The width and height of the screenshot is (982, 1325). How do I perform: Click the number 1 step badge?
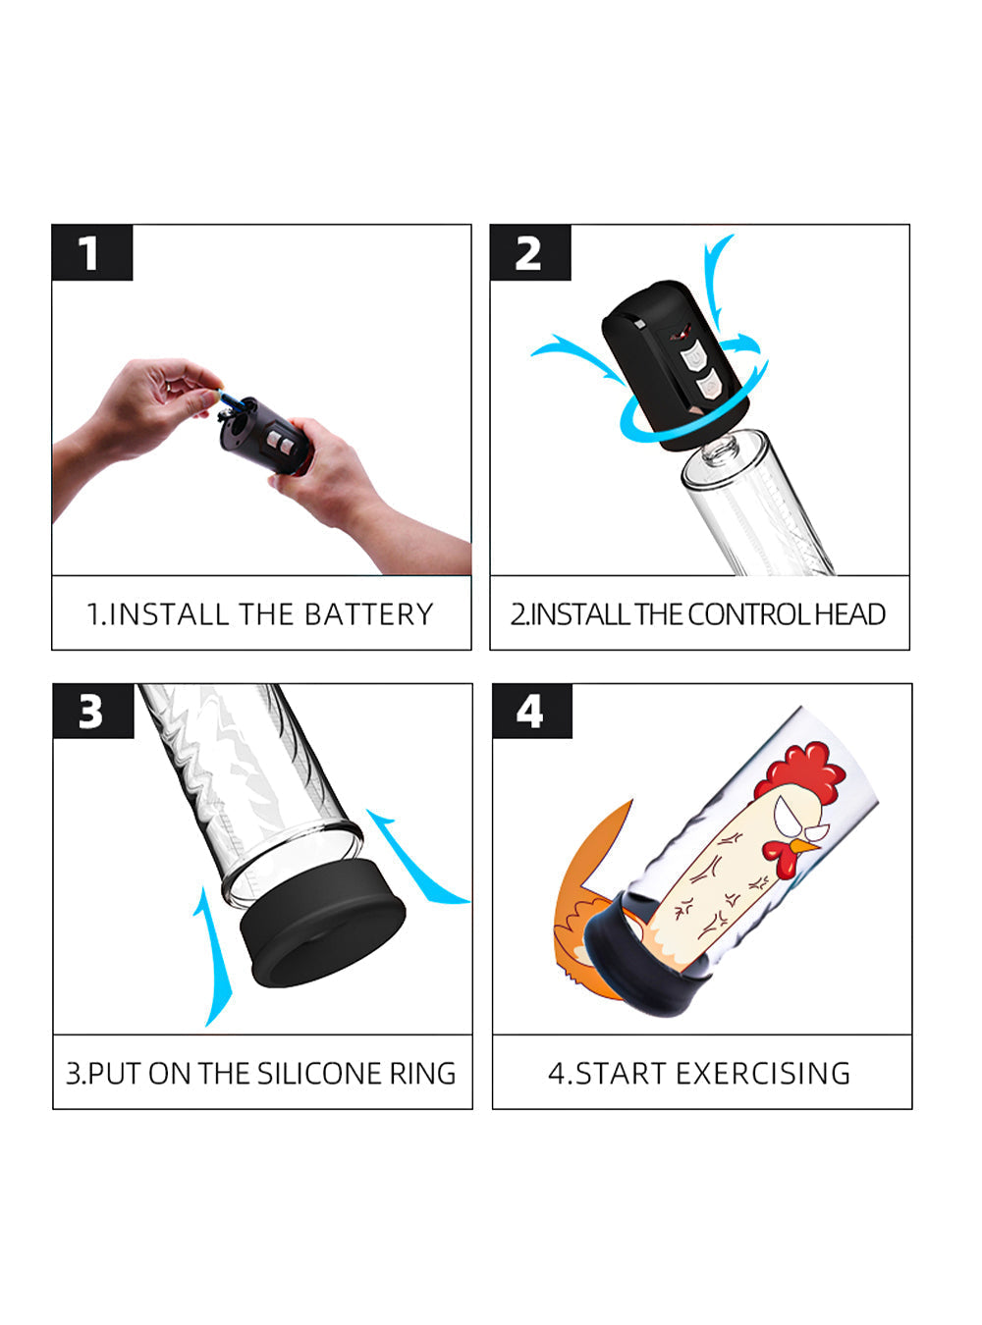tap(92, 252)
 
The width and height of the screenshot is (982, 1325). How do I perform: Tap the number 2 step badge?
tap(530, 252)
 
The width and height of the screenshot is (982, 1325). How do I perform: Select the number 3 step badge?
tap(93, 711)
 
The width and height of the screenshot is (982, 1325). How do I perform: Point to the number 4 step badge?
tap(532, 711)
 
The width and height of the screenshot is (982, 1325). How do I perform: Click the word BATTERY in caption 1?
tap(369, 614)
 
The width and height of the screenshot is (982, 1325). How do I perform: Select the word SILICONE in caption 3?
tap(321, 1074)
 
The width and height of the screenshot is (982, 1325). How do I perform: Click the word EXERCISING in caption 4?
tap(763, 1074)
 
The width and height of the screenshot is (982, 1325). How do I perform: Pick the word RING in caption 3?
tap(422, 1074)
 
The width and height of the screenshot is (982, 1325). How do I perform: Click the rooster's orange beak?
tap(806, 846)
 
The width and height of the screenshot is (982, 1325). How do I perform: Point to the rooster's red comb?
tap(801, 770)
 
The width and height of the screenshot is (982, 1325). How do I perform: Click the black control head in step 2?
tap(675, 364)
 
